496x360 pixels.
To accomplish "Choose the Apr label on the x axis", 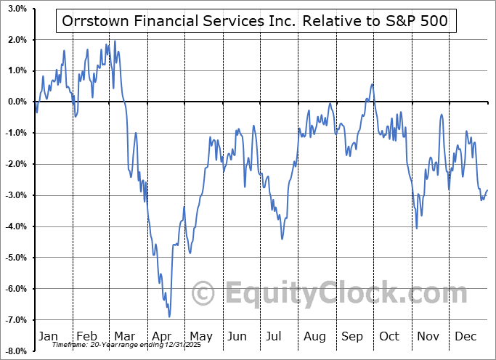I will point(163,337).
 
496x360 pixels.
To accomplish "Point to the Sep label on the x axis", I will point(353,337).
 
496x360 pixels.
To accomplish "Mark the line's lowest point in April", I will point(169,317).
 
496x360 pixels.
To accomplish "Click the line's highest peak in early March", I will point(115,41).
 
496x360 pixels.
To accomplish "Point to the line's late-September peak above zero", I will point(372,84).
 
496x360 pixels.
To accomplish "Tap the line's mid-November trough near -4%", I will point(417,228).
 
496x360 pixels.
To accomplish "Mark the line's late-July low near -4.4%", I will point(282,238).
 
